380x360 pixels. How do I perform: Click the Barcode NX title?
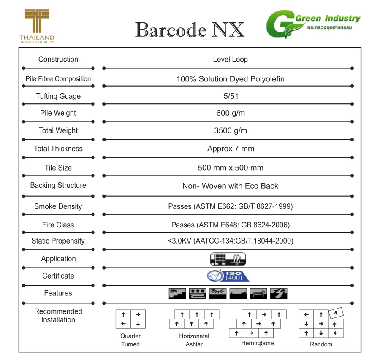tap(190, 30)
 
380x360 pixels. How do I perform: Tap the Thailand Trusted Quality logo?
tap(37, 27)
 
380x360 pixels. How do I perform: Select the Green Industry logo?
tap(313, 25)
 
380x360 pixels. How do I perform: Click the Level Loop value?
tap(230, 60)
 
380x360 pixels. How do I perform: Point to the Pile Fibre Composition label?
tap(58, 79)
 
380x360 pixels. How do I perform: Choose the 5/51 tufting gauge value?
tap(231, 96)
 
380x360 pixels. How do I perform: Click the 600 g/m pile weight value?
tap(231, 113)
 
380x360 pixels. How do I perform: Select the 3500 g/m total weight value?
tap(231, 131)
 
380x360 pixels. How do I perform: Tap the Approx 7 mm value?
tap(231, 149)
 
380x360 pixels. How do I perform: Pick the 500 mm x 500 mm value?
tap(231, 168)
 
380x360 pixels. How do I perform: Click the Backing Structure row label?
tap(58, 185)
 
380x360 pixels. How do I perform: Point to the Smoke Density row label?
tap(58, 206)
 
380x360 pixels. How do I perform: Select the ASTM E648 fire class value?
tap(231, 225)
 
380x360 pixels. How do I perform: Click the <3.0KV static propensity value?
tap(231, 241)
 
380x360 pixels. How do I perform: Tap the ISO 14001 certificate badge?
tap(228, 276)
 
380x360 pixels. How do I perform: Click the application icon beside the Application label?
tap(228, 259)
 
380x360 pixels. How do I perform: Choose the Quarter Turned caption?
tap(130, 340)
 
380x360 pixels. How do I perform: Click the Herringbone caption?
tap(257, 343)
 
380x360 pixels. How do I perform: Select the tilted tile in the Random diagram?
tap(336, 313)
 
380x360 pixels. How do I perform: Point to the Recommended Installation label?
tap(58, 316)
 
